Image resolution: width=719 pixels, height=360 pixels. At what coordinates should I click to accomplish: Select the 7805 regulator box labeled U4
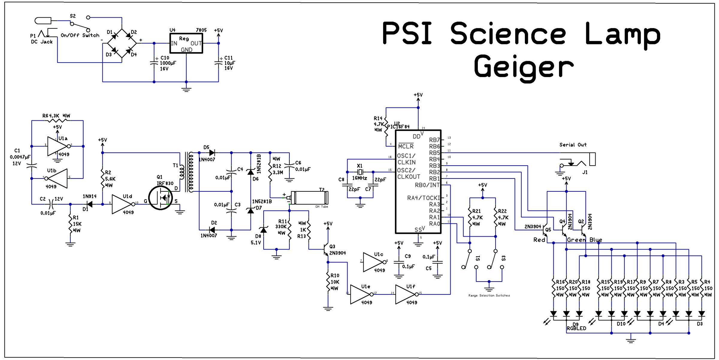point(186,43)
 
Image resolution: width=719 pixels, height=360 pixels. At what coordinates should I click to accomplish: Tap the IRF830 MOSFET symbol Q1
point(161,198)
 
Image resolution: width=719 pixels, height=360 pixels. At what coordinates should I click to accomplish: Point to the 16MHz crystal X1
point(360,172)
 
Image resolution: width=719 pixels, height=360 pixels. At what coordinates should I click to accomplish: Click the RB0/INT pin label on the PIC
point(427,185)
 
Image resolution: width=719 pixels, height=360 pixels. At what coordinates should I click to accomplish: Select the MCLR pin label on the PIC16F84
point(406,146)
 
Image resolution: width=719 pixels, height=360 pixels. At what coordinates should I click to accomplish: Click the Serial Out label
point(573,145)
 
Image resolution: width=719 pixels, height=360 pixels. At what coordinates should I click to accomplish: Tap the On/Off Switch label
point(80,35)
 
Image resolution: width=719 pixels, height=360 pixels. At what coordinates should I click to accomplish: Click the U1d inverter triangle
point(122,204)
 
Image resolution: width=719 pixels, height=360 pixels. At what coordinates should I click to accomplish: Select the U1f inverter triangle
point(406,294)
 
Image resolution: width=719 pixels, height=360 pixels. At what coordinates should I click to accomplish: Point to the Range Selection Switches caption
point(489,296)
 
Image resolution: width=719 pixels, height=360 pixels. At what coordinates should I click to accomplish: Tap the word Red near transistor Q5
point(539,240)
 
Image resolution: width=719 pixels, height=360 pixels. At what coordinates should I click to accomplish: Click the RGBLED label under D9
point(576,328)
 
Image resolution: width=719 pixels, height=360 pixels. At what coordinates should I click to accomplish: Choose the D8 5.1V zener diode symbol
point(264,230)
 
